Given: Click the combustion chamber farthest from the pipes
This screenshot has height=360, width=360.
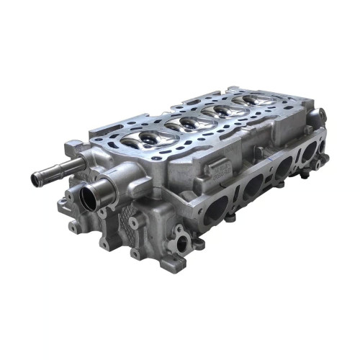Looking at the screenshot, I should [253, 101].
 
